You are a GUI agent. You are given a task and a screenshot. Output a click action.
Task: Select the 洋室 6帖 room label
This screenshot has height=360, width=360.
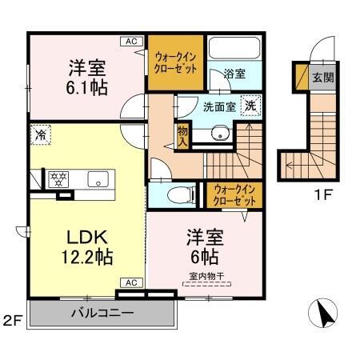pyautogui.click(x=205, y=247)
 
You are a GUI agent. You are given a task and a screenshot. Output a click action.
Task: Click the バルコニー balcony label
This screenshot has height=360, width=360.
pyautogui.click(x=101, y=311)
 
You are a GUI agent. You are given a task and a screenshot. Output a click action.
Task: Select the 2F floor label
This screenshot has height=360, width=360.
pyautogui.click(x=13, y=322)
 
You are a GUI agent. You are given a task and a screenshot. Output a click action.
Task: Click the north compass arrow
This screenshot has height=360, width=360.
pyautogui.click(x=325, y=314)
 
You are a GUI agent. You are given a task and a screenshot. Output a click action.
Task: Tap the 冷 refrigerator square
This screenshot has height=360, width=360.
pyautogui.click(x=38, y=135)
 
